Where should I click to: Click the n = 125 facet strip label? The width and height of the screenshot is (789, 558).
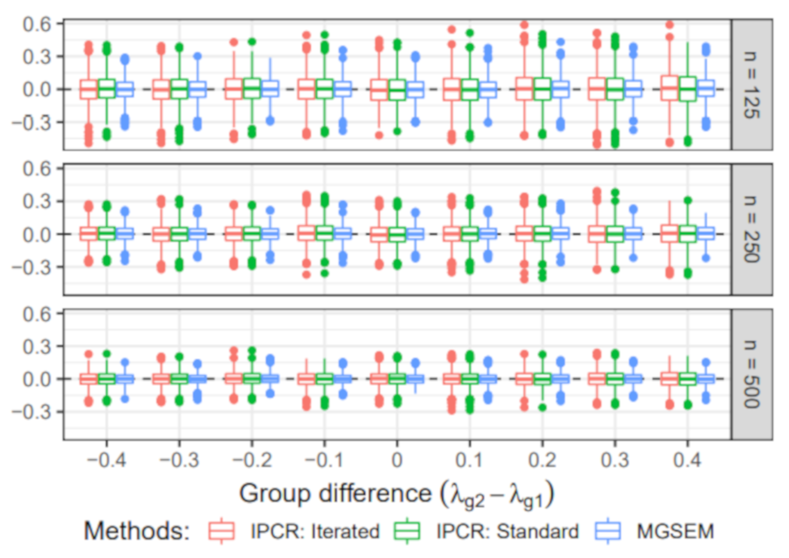tap(752, 85)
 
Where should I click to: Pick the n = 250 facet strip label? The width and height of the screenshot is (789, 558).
tap(752, 230)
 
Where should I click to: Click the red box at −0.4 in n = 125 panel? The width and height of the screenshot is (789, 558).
tap(89, 89)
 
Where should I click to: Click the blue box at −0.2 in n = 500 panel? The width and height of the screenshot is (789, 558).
tap(270, 379)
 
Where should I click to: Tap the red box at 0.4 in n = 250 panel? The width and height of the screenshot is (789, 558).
tap(669, 234)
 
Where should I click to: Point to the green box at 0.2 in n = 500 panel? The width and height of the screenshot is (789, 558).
tap(542, 379)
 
